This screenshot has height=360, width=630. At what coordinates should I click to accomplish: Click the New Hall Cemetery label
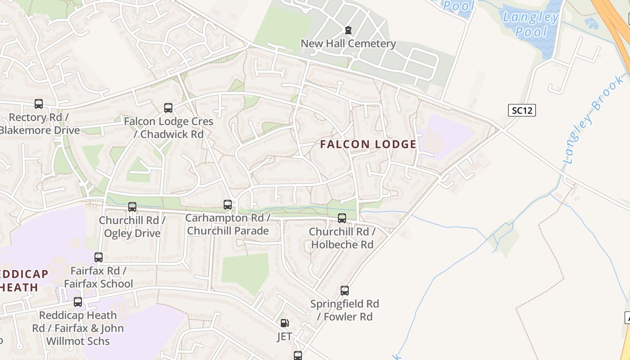pos(348,44)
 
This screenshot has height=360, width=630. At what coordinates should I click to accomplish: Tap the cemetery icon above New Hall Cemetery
pos(348,30)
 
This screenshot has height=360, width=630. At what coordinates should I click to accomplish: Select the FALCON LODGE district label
pos(368,144)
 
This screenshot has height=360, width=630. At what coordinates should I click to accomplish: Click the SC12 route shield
pos(522,110)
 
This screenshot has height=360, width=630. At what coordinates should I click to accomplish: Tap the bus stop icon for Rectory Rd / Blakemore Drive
pos(39,104)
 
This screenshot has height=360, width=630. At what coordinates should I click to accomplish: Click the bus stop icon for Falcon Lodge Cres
pos(168,108)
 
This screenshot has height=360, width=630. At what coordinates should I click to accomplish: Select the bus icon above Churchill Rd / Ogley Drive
pos(132,207)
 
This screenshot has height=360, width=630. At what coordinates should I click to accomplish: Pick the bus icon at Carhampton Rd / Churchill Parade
pos(228,205)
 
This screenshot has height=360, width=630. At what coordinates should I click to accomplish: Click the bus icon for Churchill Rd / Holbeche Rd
pos(342,218)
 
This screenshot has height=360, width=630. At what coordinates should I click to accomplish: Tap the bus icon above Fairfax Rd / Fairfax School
pos(99,257)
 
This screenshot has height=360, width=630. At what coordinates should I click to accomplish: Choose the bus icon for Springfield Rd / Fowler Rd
pos(345,291)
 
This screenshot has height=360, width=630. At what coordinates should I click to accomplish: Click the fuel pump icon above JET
pos(284,323)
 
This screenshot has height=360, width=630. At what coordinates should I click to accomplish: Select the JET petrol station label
pos(284,336)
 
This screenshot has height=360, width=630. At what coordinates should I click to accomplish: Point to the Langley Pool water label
pos(531,25)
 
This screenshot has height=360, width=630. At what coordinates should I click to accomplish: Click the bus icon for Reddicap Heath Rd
pos(78,302)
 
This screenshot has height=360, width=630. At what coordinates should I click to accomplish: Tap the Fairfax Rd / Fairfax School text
pos(99,277)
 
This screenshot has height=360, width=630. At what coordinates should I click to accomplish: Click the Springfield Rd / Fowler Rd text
pos(345,310)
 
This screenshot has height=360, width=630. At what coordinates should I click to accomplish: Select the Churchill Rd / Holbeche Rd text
pos(342,238)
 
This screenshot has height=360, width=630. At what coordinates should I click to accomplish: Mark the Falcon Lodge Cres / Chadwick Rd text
pos(168,128)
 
